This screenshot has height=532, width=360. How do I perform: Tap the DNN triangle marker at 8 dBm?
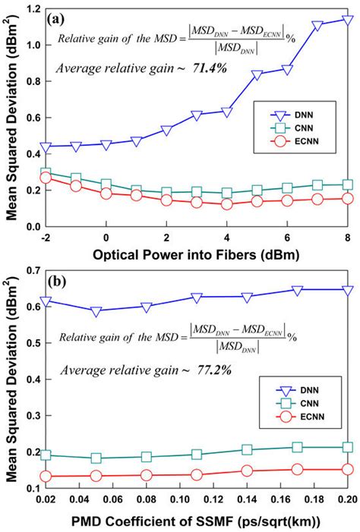[347, 20]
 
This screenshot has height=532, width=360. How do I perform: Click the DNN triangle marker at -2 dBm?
[46, 146]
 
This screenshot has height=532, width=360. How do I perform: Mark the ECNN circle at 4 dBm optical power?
[226, 204]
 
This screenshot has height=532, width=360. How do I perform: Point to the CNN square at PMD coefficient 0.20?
[347, 448]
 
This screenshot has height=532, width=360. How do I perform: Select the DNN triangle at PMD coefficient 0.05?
[96, 311]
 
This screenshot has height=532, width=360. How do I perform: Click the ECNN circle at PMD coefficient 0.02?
[46, 477]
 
